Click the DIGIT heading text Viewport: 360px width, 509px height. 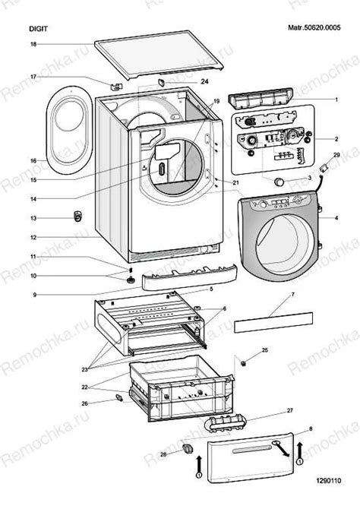38,29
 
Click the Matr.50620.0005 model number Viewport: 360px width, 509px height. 314,27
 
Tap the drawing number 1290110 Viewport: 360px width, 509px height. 329,480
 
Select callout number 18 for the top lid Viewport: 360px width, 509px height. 33,44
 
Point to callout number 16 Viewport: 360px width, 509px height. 33,161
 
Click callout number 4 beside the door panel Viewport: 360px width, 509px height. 336,218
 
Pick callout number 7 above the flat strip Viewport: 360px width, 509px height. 293,295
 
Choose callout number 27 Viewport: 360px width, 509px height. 290,410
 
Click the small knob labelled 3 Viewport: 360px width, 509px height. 279,182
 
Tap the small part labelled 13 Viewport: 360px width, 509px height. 77,217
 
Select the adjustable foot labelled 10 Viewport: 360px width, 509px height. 131,280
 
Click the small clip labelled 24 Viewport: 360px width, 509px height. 162,82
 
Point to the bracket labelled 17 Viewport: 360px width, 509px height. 116,87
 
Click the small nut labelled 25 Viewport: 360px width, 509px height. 244,362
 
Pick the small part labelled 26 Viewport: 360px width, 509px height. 118,398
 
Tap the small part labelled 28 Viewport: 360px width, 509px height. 188,449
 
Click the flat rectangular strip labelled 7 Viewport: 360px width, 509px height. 273,322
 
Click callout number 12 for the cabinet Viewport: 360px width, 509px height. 33,237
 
